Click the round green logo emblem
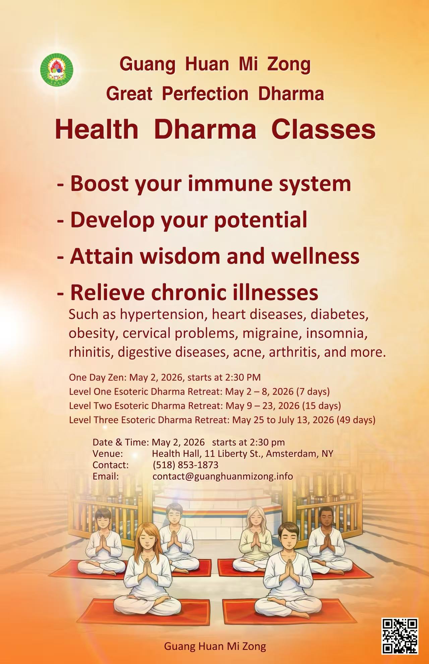[57, 69]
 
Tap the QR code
[400, 636]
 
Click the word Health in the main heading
[97, 129]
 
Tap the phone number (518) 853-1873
[185, 465]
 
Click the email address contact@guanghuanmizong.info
[223, 476]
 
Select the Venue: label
[108, 454]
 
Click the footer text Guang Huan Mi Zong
[215, 646]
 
